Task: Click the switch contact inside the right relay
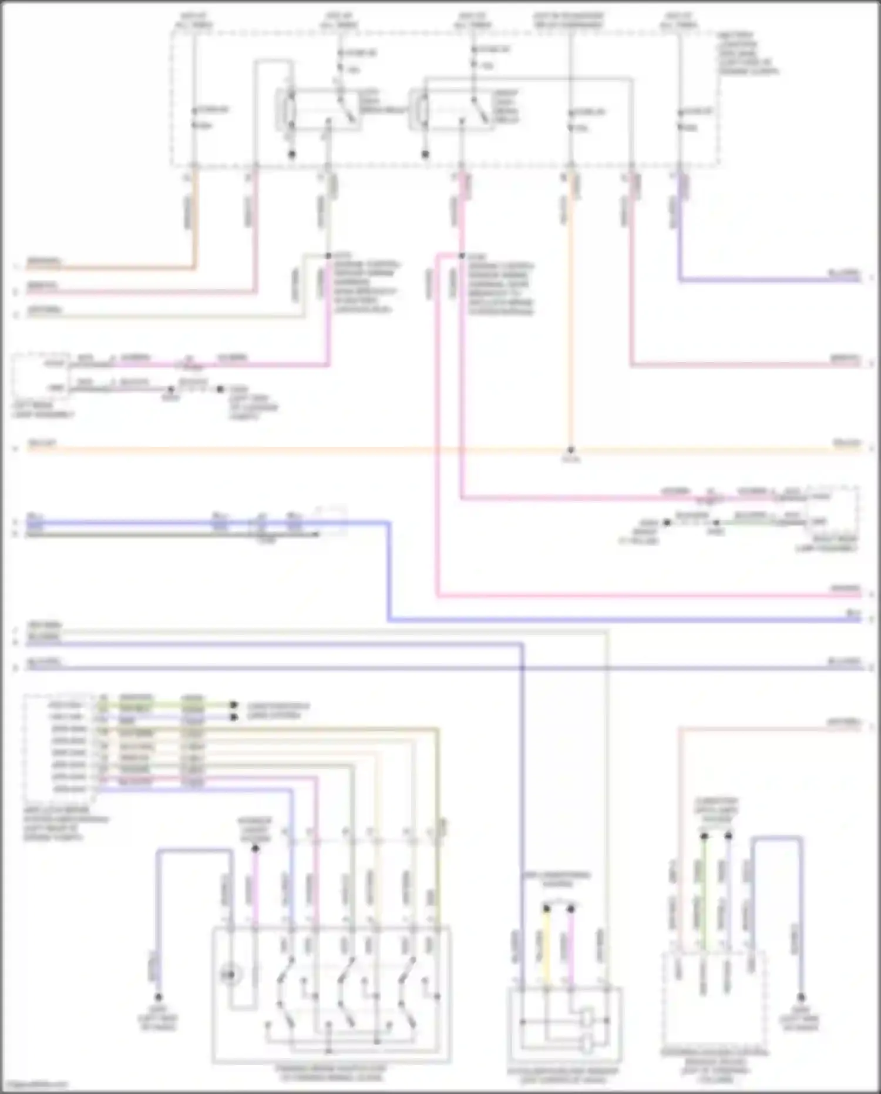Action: (x=481, y=112)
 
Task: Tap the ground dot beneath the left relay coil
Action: (x=291, y=155)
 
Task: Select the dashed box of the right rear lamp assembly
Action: (x=833, y=509)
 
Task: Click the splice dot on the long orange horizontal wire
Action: (x=570, y=450)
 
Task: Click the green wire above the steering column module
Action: (x=704, y=888)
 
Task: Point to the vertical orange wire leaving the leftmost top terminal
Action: (x=196, y=223)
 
